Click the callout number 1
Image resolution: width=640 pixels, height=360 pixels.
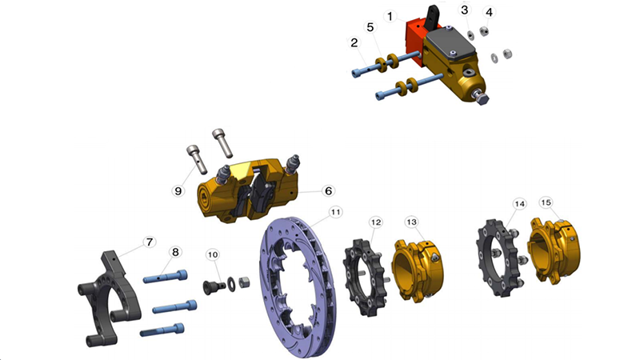click(x=390, y=17)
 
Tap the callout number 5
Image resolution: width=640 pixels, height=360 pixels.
click(x=370, y=27)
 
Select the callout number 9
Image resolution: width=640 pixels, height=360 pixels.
click(x=178, y=190)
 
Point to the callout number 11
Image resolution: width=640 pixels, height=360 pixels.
click(x=335, y=212)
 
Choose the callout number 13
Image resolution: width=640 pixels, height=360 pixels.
click(x=411, y=222)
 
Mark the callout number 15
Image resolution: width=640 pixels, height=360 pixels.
click(x=546, y=202)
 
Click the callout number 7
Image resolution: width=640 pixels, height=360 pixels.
click(x=150, y=242)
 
